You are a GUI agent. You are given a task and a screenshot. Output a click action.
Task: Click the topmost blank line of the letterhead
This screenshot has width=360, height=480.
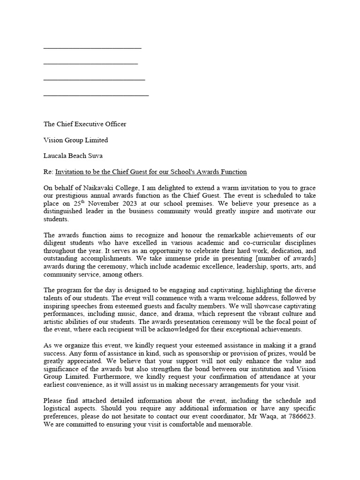coord(92,47)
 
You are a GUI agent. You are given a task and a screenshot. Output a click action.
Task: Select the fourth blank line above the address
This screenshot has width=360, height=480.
coord(96,95)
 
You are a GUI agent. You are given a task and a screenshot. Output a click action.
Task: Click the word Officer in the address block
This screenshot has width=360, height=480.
coord(115,124)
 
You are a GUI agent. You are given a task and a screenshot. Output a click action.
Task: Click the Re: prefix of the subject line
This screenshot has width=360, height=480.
coord(48,172)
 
